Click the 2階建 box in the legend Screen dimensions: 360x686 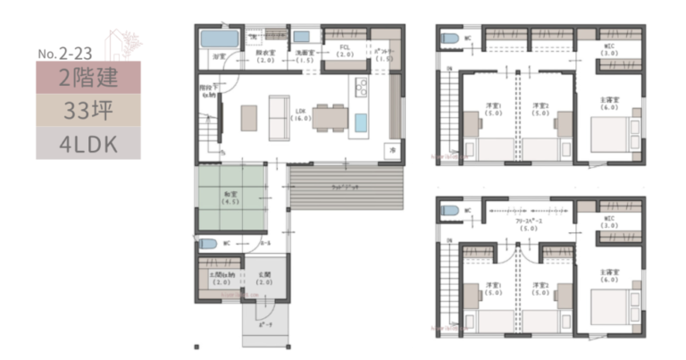click(88, 77)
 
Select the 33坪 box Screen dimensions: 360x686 click(88, 110)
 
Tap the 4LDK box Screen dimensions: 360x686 click(88, 143)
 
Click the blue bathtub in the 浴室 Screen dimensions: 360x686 click(217, 40)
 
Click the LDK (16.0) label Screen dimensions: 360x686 click(300, 115)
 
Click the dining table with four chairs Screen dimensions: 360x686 click(330, 117)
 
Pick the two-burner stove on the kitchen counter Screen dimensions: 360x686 click(362, 88)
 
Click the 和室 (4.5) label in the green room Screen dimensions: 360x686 click(230, 198)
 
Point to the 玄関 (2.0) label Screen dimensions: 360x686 click(265, 279)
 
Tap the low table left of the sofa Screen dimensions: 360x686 click(248, 117)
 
